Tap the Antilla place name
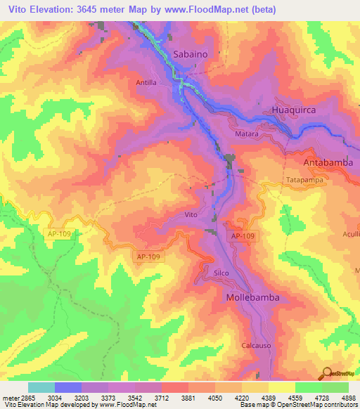click(146, 82)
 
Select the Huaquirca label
click(293, 110)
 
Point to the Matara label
click(247, 134)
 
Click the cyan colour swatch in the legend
click(41, 387)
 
